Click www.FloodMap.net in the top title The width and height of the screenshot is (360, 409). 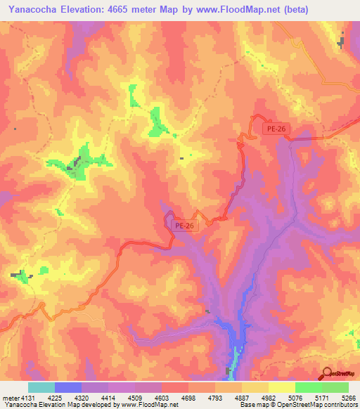(239, 8)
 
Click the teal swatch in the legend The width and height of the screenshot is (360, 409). (41, 387)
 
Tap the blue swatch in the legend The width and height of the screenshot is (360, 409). (68, 387)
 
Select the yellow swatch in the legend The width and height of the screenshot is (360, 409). (281, 387)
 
